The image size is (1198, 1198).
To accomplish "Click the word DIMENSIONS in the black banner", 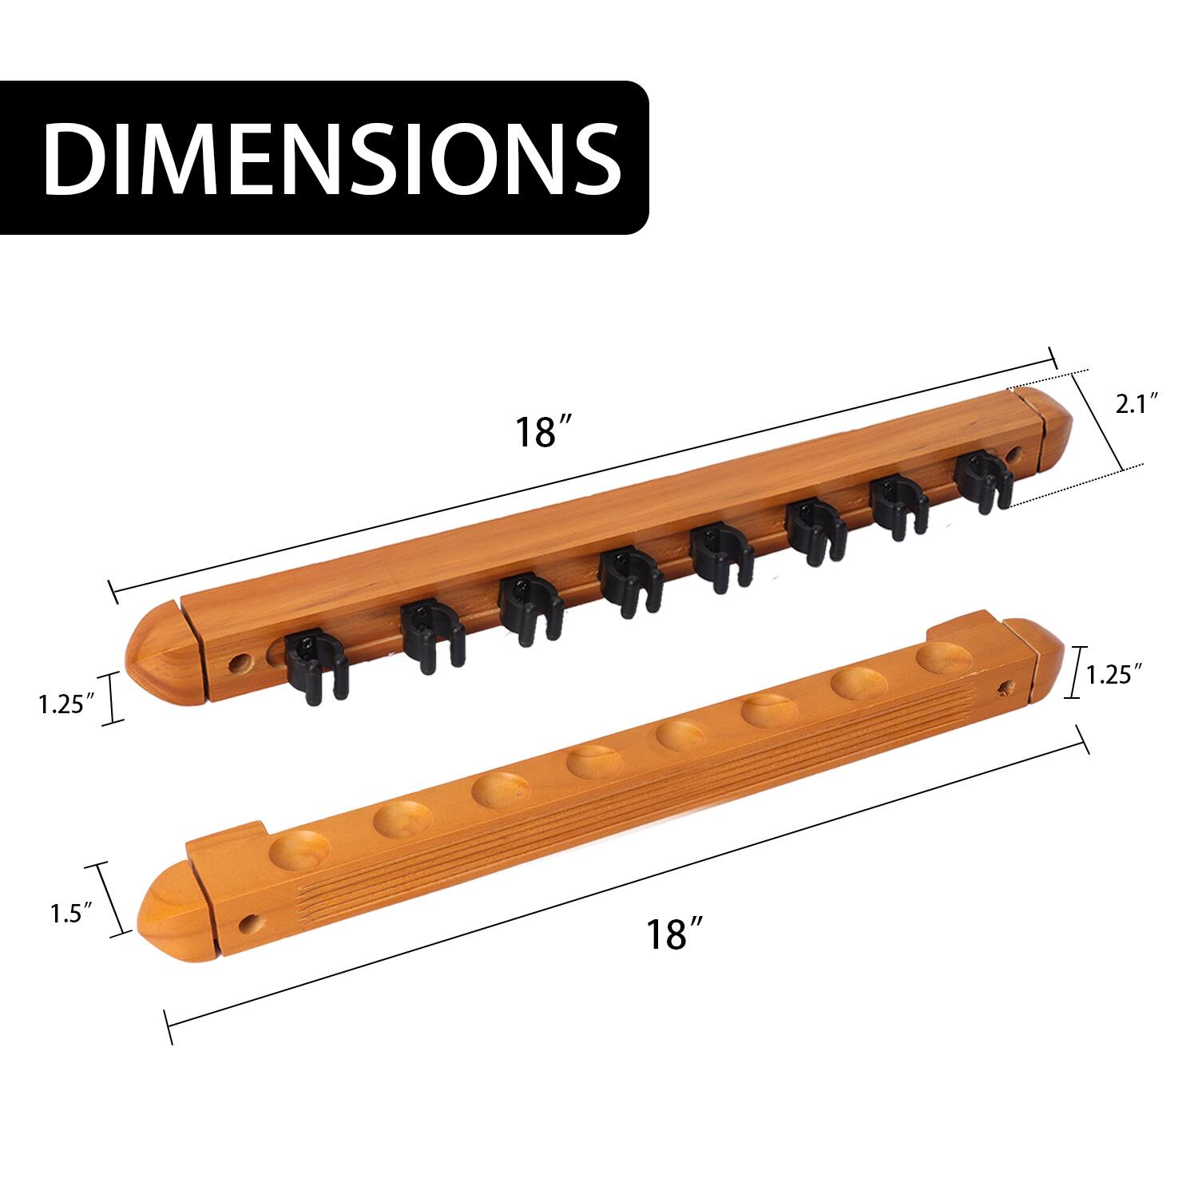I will pyautogui.click(x=331, y=158).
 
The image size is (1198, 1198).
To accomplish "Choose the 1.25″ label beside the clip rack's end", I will pyautogui.click(x=68, y=704).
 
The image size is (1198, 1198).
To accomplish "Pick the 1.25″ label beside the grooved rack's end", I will pyautogui.click(x=1112, y=676).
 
